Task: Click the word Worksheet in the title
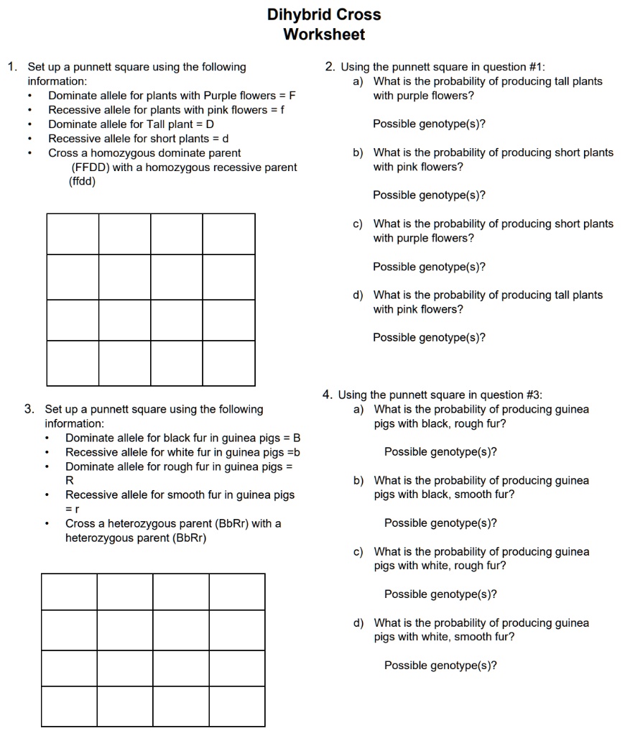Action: (x=324, y=34)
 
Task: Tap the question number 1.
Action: (x=11, y=67)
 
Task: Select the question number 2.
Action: (x=329, y=67)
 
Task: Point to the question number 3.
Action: (x=29, y=409)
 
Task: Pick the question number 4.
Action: (x=327, y=395)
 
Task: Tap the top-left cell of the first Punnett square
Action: (x=73, y=234)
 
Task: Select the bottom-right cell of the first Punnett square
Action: (x=228, y=363)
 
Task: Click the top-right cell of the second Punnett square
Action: (x=237, y=592)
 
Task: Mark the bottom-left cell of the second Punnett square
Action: (x=69, y=707)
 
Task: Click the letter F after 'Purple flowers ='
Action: (x=292, y=96)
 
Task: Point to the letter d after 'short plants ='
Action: (x=225, y=139)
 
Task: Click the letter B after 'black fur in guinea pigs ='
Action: (x=297, y=438)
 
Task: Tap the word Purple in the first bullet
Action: (x=219, y=96)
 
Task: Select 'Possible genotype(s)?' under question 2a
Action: (x=429, y=124)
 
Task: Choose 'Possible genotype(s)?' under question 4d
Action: (x=440, y=666)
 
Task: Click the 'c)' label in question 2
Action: (x=358, y=224)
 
